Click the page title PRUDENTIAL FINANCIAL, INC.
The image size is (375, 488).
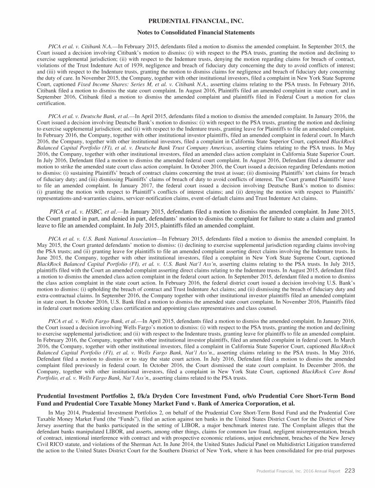pos(187,21)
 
